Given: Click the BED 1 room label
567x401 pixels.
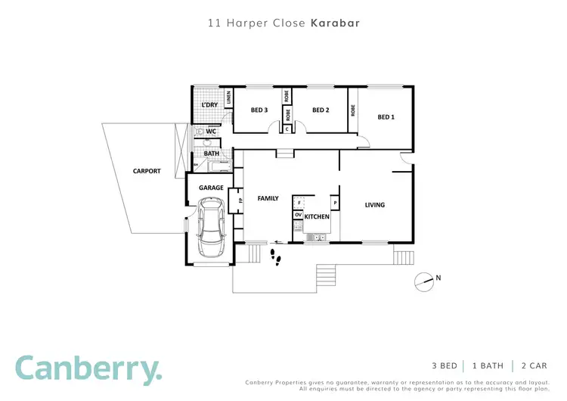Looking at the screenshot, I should pos(386,117).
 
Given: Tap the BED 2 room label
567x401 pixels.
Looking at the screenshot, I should pos(321,110).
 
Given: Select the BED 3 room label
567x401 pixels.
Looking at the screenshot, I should pos(259,110).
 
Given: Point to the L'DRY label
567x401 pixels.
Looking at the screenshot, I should pos(209,105).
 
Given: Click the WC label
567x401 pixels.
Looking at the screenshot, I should pos(211,132).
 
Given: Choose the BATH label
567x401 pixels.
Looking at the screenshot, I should pos(211,154).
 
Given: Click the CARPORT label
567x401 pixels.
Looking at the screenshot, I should pos(147,171).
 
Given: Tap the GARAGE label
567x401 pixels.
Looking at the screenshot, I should pos(211,188).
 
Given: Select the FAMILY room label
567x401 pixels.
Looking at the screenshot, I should pos(268,198).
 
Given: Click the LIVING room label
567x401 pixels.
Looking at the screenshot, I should pos(374,204).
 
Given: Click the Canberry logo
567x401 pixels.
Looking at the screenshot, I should pos(88,368).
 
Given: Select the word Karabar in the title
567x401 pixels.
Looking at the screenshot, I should pos(335,23).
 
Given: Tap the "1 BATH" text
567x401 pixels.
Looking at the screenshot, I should pos(487,365).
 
